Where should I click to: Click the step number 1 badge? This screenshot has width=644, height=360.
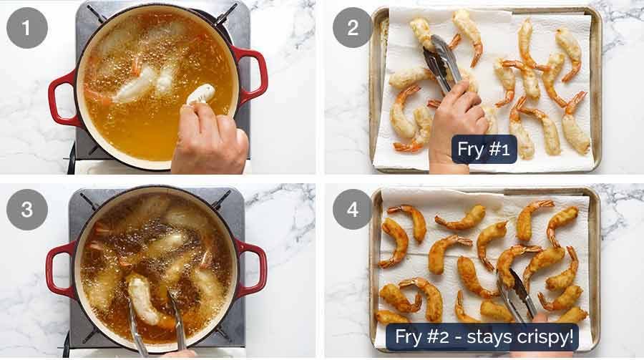pos(27,28)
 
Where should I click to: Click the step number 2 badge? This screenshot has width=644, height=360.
pos(353,28)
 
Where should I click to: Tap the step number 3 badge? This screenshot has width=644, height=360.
pos(27,210)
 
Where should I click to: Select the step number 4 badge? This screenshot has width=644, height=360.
pos(353,210)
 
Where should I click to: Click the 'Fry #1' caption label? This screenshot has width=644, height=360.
pos(484,150)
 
